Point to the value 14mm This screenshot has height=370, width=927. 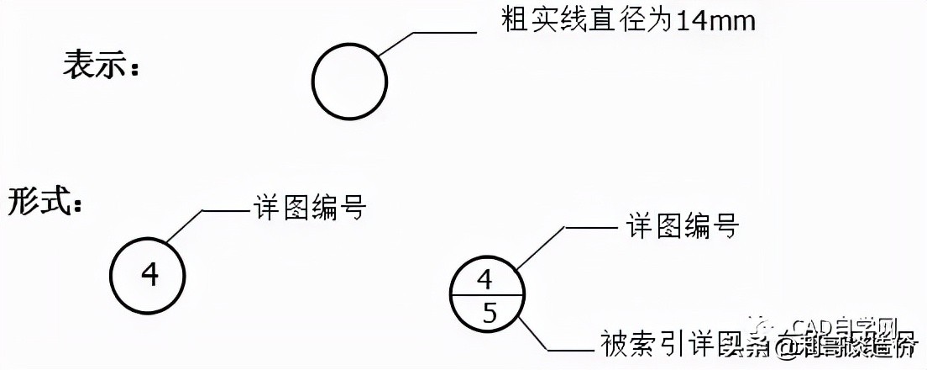pos(715,20)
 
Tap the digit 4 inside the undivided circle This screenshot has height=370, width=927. pos(149,274)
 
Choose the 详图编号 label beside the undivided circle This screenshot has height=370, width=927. pos(309,207)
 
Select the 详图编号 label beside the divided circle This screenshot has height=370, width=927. pos(683,225)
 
